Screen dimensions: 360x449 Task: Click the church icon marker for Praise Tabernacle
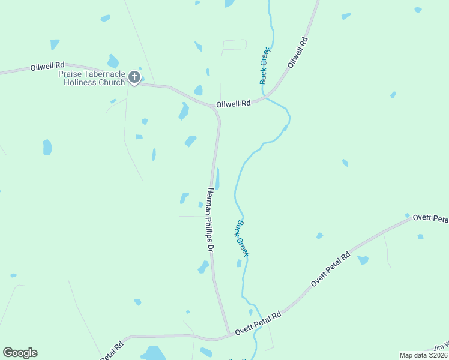point(134,77)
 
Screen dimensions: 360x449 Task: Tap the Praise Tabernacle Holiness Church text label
point(91,78)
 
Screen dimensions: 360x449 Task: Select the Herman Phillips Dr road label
point(210,220)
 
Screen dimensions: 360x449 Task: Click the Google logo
point(20,353)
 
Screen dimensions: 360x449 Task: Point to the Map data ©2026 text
point(423,355)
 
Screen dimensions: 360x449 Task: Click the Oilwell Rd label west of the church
point(47,67)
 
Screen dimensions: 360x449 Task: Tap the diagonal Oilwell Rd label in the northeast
point(297,52)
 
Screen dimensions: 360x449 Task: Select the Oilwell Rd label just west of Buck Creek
point(233,103)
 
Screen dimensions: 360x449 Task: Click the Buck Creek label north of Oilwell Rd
point(264,65)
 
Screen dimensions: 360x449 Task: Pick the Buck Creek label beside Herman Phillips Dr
point(241,238)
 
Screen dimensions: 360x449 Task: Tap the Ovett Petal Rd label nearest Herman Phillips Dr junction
point(258,323)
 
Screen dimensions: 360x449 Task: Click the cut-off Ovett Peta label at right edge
point(430,218)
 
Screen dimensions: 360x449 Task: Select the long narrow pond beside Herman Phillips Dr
point(217,179)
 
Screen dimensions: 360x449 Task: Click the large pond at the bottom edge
point(154,353)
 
